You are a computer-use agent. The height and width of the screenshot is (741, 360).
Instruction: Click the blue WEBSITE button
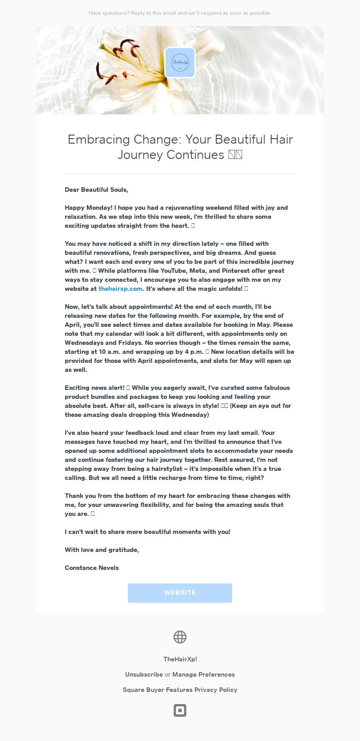180,593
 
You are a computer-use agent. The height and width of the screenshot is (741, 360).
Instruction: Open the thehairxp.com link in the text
121,289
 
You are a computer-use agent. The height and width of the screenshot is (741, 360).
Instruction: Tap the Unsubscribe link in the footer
144,674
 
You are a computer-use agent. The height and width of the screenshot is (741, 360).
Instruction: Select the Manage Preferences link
203,674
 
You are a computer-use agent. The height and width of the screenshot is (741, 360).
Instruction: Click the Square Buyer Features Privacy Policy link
180,690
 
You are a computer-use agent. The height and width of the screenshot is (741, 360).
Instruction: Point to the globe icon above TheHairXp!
180,637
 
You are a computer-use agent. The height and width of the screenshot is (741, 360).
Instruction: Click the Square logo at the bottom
180,710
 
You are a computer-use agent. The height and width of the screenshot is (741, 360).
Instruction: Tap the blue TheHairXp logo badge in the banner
180,63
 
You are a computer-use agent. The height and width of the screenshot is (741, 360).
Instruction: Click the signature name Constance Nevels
92,568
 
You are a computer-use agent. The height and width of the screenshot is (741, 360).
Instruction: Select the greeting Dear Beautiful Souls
96,190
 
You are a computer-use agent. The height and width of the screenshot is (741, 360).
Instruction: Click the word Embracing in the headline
92,140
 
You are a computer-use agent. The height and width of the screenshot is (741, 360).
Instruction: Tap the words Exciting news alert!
94,388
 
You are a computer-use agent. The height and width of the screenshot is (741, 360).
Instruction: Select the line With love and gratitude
102,550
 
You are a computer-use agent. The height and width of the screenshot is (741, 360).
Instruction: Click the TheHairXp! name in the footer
180,659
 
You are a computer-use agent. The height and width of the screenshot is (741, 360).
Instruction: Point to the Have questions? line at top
180,13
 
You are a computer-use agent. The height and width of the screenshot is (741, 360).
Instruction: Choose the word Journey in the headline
140,155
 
